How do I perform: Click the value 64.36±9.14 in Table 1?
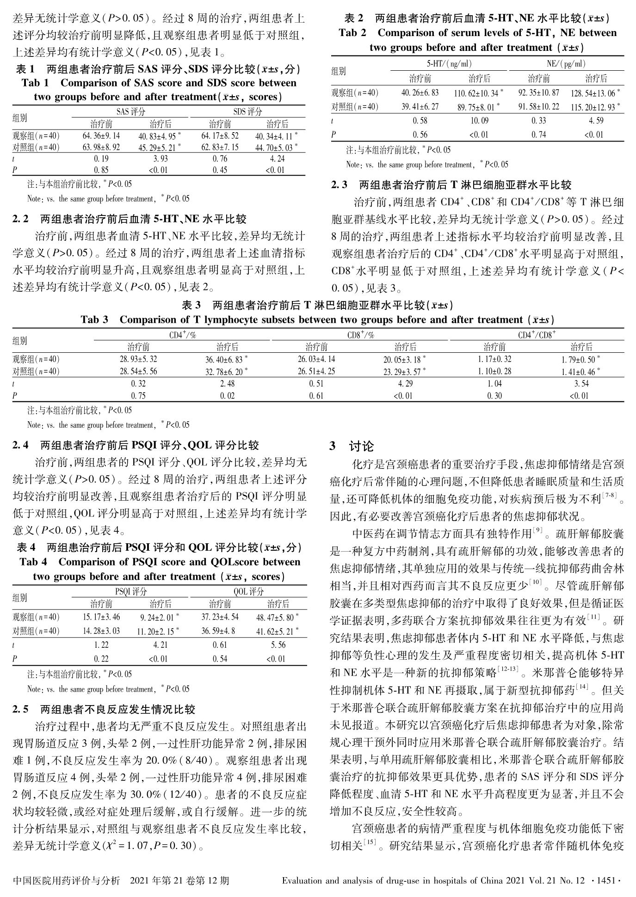pos(101,135)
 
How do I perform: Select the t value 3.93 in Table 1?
pos(160,159)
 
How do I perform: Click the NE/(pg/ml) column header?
pos(566,64)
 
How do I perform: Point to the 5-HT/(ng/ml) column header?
pos(449,64)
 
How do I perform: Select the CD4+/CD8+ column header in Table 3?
pos(537,335)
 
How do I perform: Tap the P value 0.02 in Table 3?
pos(228,395)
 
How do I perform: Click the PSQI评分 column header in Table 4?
pos(130,591)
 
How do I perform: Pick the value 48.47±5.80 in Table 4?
pos(276,617)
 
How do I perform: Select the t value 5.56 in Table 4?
pos(278,645)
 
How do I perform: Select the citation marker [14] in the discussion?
pos(582,687)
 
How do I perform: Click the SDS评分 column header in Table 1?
pos(247,111)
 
